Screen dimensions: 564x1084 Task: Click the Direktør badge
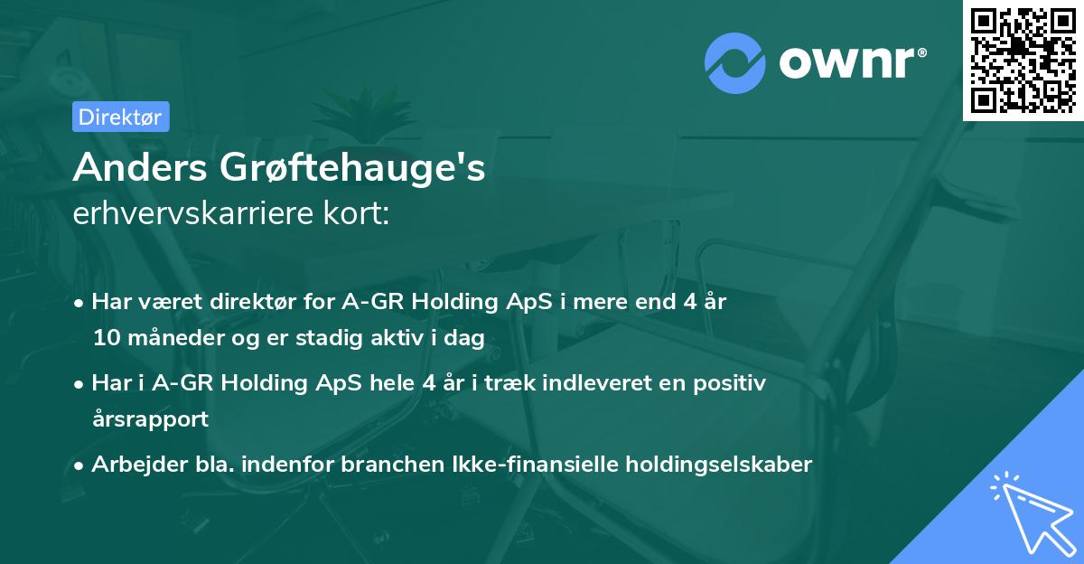point(119,117)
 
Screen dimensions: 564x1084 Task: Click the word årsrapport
point(150,418)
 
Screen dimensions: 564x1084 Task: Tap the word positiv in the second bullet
point(732,383)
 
